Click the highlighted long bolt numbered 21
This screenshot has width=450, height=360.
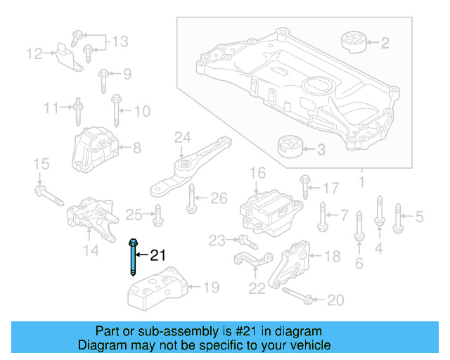click(x=133, y=259)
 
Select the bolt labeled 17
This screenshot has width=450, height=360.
click(x=304, y=186)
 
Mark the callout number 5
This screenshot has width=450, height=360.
click(x=419, y=217)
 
